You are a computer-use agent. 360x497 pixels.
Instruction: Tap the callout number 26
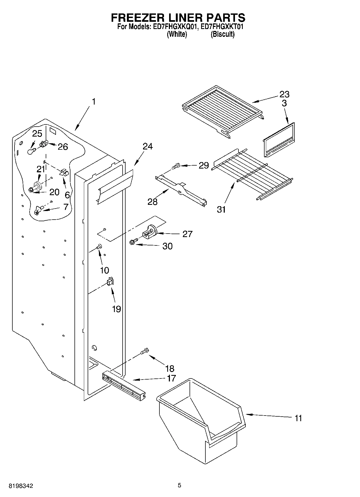[63, 147]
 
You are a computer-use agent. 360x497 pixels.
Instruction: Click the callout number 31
[221, 209]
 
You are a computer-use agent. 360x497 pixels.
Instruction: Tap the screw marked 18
[144, 351]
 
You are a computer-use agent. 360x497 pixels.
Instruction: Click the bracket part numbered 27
[149, 231]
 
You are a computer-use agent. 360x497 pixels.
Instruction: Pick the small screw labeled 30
[132, 242]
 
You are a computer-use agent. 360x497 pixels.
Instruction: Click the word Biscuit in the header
[223, 34]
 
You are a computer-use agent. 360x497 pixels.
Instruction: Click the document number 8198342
[21, 486]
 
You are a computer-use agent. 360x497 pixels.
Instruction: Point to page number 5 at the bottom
[179, 485]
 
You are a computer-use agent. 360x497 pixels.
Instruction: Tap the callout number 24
[148, 146]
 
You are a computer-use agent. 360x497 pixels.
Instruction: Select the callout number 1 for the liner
[94, 102]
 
